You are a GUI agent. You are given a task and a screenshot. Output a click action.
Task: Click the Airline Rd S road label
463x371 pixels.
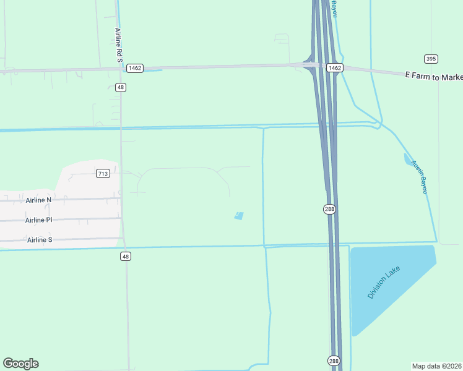tap(118, 44)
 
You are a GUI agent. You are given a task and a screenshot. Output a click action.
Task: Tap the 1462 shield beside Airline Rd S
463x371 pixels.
tap(135, 67)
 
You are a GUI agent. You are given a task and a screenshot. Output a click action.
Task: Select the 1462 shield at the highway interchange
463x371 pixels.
tap(334, 67)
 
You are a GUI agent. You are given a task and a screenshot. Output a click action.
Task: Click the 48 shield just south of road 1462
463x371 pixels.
tap(121, 87)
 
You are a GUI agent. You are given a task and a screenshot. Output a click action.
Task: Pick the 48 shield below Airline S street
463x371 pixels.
tap(126, 256)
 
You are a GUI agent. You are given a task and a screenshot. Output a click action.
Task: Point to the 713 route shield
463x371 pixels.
tap(103, 174)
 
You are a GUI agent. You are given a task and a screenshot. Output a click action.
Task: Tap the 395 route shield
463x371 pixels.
tap(431, 59)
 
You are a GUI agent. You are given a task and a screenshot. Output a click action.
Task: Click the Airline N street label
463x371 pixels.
tap(38, 200)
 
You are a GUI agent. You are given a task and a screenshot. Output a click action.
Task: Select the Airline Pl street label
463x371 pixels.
tap(39, 220)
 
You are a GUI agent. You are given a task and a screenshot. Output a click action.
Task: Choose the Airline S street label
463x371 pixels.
tap(40, 239)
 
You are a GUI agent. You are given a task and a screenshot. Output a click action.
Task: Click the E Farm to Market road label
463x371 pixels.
tap(433, 75)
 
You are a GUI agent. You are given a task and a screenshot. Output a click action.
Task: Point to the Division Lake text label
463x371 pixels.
tap(384, 282)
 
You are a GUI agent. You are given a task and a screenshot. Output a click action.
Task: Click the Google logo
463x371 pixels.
tap(20, 364)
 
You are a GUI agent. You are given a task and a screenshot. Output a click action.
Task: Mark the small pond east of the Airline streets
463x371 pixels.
tap(239, 216)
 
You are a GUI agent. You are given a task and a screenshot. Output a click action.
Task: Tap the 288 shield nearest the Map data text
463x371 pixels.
tap(333, 360)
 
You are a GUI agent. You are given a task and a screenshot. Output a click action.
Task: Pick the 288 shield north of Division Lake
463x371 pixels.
tap(329, 210)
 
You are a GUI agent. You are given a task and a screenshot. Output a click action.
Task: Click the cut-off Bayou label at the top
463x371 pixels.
tap(334, 8)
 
